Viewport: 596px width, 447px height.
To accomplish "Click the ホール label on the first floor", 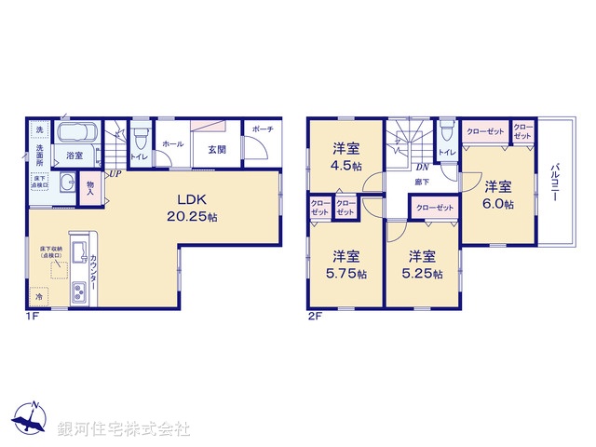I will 172,144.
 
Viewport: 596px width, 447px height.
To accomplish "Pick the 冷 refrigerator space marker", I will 38,298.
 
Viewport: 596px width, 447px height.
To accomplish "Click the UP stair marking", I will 113,173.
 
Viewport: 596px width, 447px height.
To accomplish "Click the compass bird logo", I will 34,420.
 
